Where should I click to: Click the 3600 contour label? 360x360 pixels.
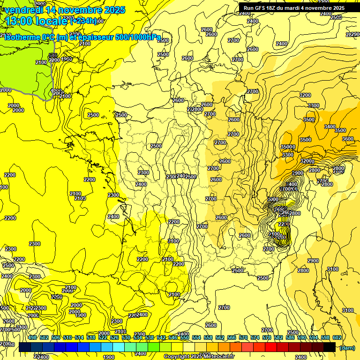click(x=348, y=139)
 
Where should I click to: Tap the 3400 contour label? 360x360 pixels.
click(x=330, y=127)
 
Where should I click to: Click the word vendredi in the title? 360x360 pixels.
click(x=24, y=10)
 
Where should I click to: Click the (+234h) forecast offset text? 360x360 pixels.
click(x=84, y=21)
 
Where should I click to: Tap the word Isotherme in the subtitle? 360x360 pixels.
click(x=22, y=37)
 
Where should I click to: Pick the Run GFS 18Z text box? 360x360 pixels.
click(x=294, y=8)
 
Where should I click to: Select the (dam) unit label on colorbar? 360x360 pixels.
click(x=346, y=348)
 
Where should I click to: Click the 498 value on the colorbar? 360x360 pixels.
click(x=32, y=337)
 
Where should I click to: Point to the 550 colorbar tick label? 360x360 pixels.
click(x=185, y=337)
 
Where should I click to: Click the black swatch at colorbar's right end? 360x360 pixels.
click(x=330, y=347)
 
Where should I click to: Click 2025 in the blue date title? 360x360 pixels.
click(x=114, y=10)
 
